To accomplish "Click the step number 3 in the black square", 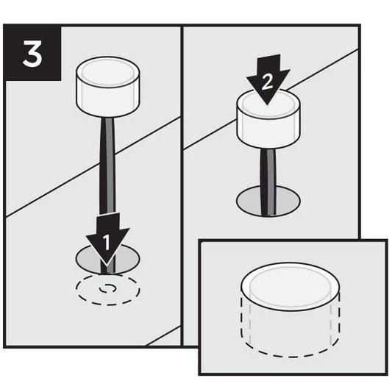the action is pos(32,53).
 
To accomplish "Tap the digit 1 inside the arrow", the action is pos(107,242).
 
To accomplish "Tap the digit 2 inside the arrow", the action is pos(267,82).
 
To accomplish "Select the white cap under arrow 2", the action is pos(268,119).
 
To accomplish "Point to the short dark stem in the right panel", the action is pos(268,182).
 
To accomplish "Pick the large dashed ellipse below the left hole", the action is pos(108,304).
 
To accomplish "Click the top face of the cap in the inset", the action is pos(291,287).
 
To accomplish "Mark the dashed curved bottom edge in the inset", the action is pos(291,356).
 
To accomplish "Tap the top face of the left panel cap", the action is pos(108,72).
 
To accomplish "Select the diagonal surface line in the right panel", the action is pos(271,99).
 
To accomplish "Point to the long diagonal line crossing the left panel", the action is pos(93,167).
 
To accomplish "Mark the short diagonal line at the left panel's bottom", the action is pos(163,336).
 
